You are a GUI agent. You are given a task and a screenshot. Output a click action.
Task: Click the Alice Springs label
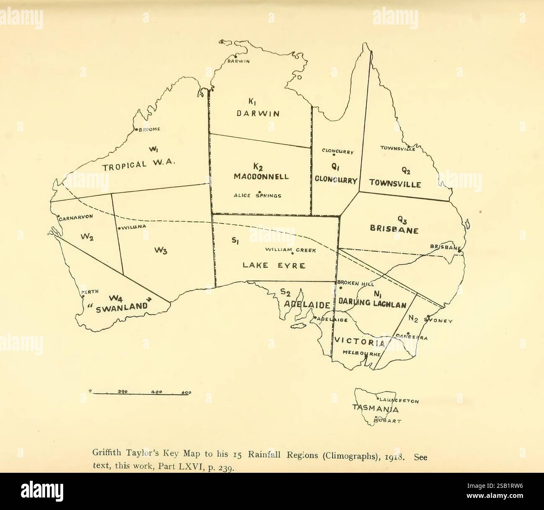(257, 195)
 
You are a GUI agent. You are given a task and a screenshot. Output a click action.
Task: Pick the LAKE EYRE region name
(274, 265)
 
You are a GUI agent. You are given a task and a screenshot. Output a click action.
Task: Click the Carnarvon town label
(75, 217)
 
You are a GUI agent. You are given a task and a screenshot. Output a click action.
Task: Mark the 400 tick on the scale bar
(157, 392)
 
